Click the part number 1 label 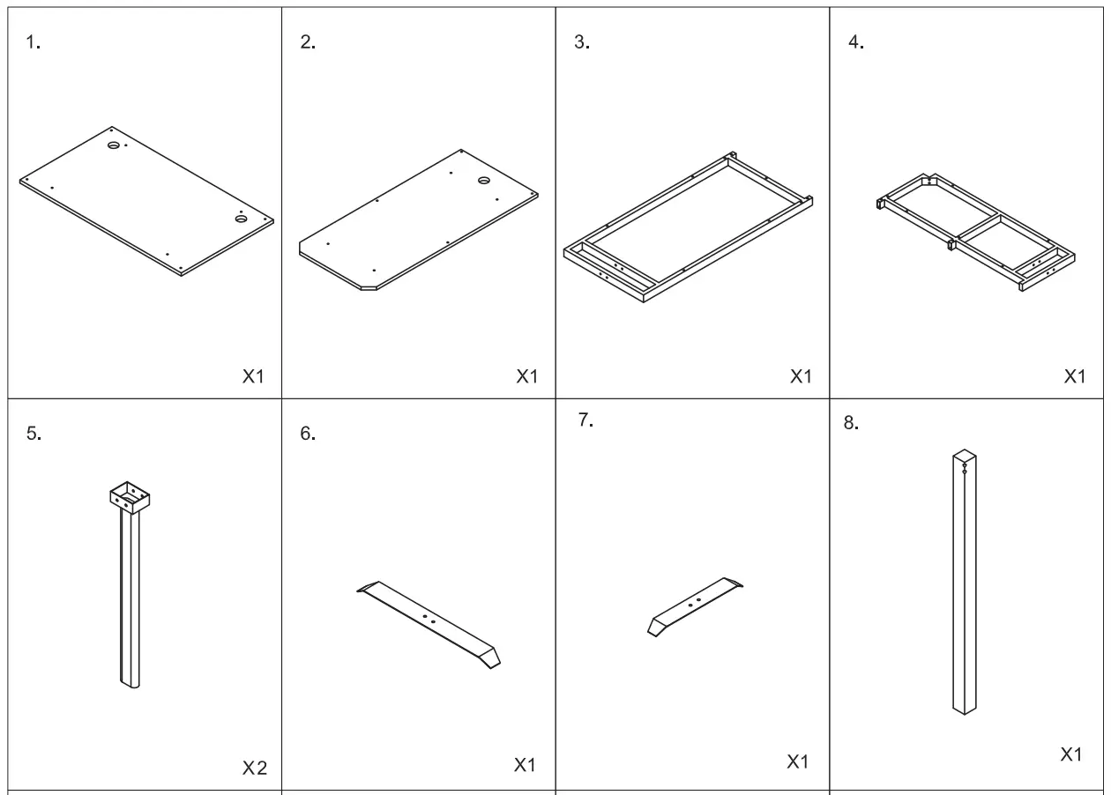pyautogui.click(x=33, y=43)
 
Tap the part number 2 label pyautogui.click(x=308, y=43)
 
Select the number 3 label pyautogui.click(x=581, y=43)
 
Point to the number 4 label pyautogui.click(x=855, y=43)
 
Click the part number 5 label pyautogui.click(x=34, y=434)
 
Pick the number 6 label pyautogui.click(x=308, y=434)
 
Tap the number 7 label pyautogui.click(x=585, y=420)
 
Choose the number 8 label pyautogui.click(x=851, y=423)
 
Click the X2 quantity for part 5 pyautogui.click(x=254, y=769)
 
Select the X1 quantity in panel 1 pyautogui.click(x=253, y=376)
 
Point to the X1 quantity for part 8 pyautogui.click(x=1071, y=754)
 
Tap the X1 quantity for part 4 pyautogui.click(x=1075, y=376)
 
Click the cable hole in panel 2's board pyautogui.click(x=484, y=181)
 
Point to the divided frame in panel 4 pyautogui.click(x=976, y=231)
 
